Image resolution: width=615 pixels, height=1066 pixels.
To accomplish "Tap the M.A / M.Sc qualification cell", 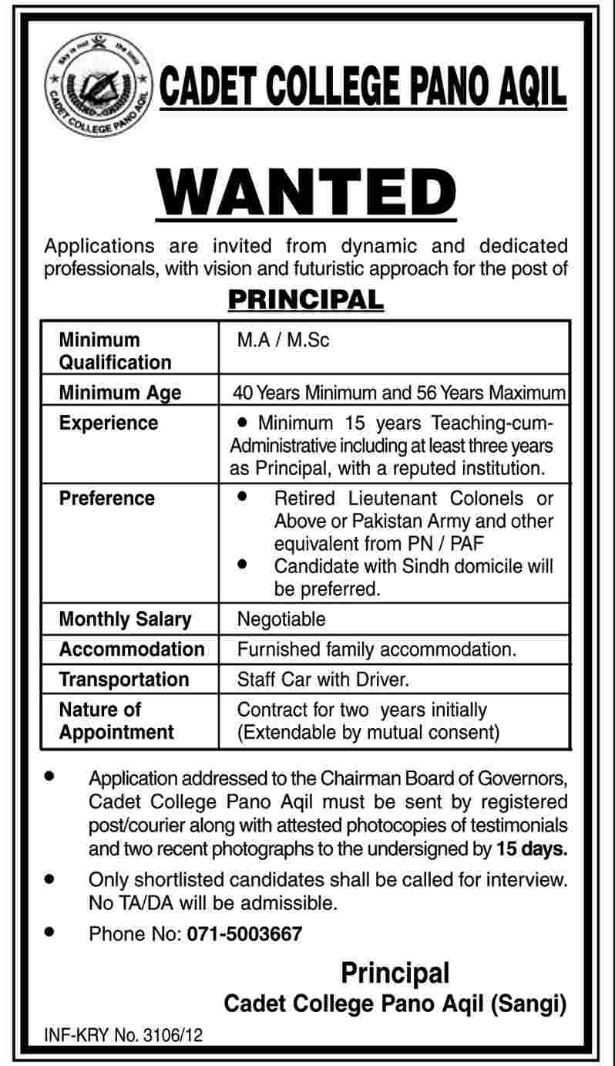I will (x=283, y=340).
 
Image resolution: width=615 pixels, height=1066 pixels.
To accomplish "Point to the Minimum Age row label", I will (x=120, y=393).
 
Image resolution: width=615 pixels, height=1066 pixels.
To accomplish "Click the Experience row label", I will (x=109, y=423).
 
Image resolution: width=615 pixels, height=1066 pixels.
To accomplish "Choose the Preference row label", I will (x=107, y=498).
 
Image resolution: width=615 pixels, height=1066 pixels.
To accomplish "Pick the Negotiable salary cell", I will (x=281, y=619).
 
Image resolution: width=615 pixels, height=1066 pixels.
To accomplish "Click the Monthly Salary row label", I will (x=126, y=619).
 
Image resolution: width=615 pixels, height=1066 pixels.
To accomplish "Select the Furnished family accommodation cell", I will (x=376, y=649).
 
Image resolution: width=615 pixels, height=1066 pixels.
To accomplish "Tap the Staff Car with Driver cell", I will (x=321, y=679).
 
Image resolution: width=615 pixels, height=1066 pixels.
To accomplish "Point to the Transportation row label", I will (x=124, y=679).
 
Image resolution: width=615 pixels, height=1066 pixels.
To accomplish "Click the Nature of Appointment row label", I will (x=116, y=720).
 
